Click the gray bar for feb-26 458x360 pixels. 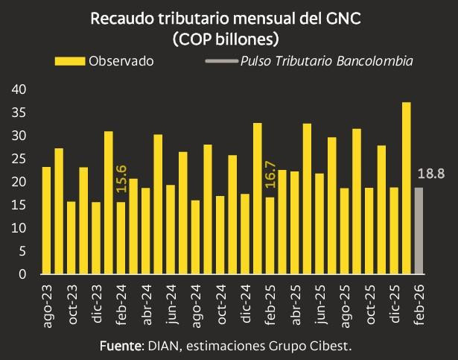419,230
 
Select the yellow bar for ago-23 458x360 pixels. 46,220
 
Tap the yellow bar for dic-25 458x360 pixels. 394,230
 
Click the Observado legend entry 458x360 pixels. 104,61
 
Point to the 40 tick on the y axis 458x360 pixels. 20,89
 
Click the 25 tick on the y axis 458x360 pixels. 20,159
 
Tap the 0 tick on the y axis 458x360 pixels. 23,274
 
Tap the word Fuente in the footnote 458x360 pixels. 121,347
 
